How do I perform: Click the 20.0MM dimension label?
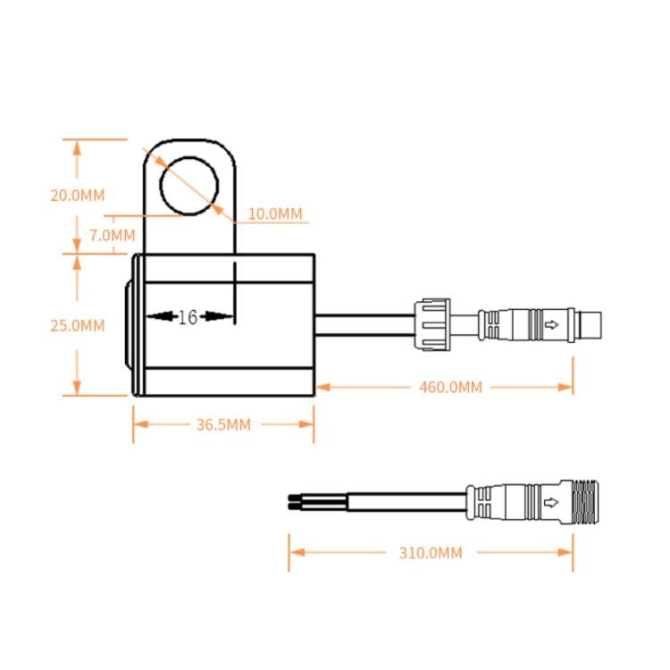tap(78, 195)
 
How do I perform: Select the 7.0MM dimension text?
tap(113, 236)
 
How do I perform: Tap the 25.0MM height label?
tap(78, 325)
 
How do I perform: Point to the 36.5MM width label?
tap(223, 424)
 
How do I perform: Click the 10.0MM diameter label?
tap(275, 214)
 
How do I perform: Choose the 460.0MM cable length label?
tap(450, 387)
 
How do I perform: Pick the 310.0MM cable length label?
tap(431, 553)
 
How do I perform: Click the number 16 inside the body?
tap(187, 317)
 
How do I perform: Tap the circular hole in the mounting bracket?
tap(188, 186)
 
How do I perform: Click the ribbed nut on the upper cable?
tap(432, 324)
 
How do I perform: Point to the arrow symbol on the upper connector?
tap(553, 324)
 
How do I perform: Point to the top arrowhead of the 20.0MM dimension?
tap(78, 146)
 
